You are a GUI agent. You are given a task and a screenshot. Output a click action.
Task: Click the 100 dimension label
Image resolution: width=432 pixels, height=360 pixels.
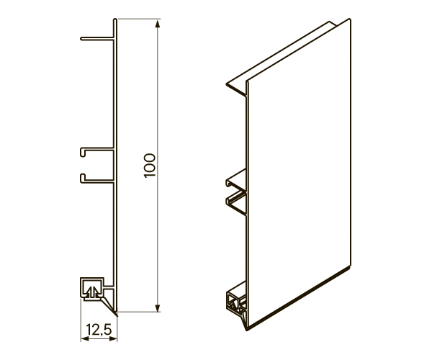(x=150, y=166)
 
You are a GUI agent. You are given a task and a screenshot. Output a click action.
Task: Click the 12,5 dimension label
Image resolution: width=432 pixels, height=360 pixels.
(x=99, y=330)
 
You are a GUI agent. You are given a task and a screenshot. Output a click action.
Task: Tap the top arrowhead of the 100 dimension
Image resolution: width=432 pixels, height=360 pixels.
(x=157, y=24)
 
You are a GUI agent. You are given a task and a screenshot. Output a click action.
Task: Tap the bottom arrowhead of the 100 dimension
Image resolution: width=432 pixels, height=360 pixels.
(x=157, y=308)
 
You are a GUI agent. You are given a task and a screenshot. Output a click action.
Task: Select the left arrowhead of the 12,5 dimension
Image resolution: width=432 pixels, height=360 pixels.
(x=84, y=339)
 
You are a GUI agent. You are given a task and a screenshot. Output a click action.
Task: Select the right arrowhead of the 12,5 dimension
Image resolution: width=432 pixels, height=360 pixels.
(x=114, y=339)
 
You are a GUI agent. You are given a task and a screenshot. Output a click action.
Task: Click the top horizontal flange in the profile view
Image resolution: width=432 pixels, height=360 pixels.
(x=97, y=39)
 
